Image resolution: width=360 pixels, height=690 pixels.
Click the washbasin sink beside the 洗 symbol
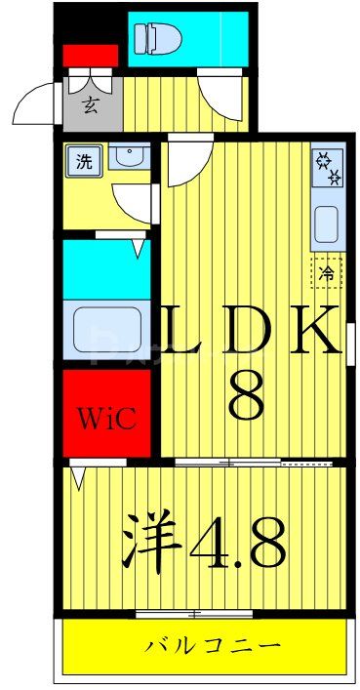pos(128,156)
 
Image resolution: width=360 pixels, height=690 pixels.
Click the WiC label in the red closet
pos(106,422)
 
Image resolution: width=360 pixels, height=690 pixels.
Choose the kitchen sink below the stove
pos(326,226)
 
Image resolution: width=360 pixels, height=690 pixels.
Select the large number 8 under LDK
pos(245,393)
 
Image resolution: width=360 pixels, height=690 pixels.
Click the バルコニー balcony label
pos(214,646)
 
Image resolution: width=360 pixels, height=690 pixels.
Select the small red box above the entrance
pos(91,55)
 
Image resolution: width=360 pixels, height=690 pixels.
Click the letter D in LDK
pos(249,331)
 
